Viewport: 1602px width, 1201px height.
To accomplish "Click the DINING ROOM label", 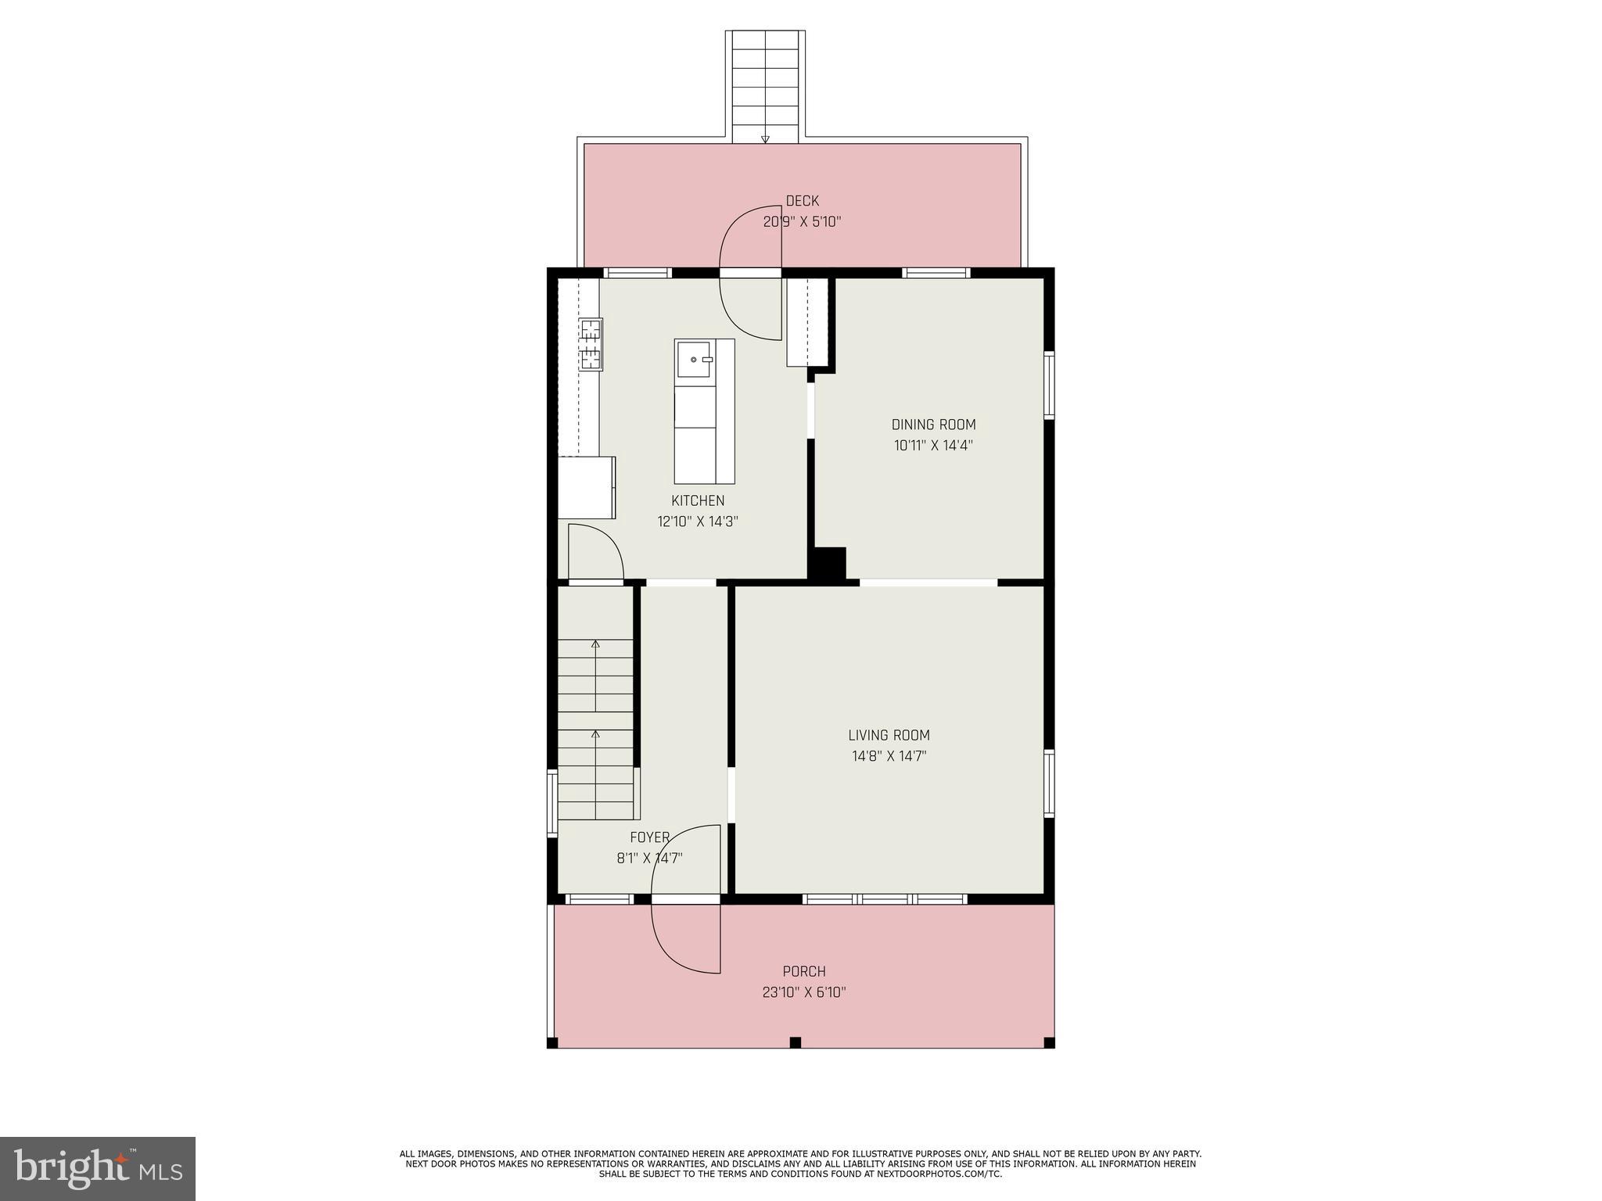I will [933, 425].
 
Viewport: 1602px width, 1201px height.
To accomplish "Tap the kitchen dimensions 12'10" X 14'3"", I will [698, 522].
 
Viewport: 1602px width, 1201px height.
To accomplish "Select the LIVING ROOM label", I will [889, 735].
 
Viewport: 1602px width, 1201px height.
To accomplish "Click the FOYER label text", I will [649, 837].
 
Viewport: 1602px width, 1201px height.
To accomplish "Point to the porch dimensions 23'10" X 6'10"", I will [804, 992].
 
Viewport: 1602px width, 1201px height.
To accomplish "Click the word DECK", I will [802, 201].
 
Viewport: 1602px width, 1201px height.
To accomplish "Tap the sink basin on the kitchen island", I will [694, 359].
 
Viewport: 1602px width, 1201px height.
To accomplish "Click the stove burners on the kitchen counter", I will [591, 344].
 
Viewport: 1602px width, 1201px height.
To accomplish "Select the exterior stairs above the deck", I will [765, 86].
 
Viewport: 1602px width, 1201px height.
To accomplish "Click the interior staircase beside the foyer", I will [595, 727].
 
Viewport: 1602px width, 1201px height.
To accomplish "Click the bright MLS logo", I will [98, 1169].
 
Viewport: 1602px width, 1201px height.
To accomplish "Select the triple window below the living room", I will [885, 899].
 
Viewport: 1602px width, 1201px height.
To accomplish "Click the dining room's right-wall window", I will [1049, 385].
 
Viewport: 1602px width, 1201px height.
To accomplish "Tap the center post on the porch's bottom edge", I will [795, 1041].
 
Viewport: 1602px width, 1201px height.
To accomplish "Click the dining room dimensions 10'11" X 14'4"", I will [933, 446].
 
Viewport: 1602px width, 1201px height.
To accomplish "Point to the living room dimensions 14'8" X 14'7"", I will [889, 756].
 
